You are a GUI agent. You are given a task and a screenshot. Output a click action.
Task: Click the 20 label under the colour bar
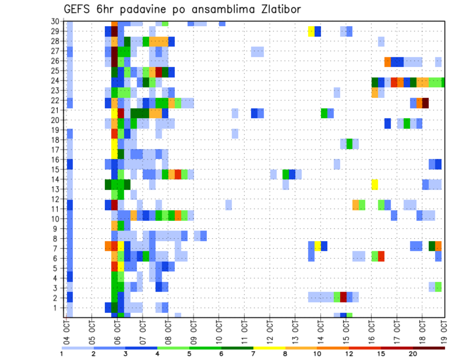414,354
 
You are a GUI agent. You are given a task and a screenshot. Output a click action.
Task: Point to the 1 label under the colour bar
62,354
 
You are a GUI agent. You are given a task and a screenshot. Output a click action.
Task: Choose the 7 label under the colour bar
253,354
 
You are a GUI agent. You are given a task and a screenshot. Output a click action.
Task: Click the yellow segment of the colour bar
269,348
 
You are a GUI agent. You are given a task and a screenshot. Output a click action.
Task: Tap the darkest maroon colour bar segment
429,348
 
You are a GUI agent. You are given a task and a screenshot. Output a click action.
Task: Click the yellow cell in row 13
375,184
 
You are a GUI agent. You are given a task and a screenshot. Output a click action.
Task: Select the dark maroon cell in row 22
426,103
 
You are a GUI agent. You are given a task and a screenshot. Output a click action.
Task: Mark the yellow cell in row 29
312,32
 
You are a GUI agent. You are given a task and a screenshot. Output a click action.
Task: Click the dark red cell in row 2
343,297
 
